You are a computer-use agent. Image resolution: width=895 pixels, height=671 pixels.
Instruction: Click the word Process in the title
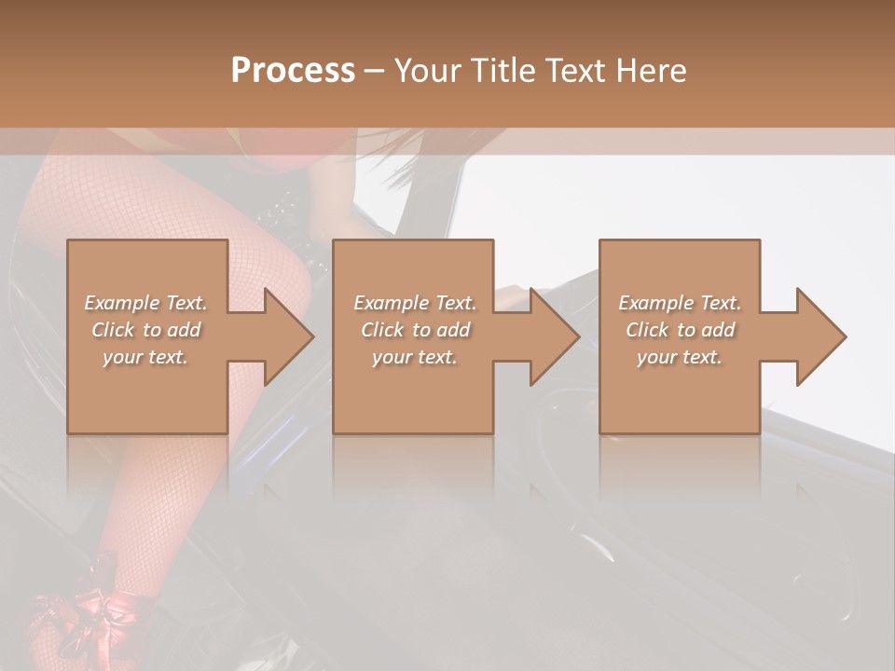point(293,71)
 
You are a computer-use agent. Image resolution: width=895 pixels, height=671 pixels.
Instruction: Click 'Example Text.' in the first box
point(145,303)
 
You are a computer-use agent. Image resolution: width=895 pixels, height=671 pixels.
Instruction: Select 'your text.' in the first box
point(145,357)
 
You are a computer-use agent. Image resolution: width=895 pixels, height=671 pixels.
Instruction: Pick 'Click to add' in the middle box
point(415,330)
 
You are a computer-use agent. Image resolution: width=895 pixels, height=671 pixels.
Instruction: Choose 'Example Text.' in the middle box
point(415,303)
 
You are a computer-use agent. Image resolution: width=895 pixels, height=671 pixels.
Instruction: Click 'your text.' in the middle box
point(415,357)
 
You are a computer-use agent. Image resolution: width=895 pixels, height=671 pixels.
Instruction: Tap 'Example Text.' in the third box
point(680,303)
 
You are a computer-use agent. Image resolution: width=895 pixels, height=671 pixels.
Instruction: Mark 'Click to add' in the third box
point(680,330)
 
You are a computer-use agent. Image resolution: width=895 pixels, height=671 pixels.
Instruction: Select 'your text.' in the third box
point(680,357)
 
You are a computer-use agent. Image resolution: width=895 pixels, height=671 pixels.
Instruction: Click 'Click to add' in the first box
point(145,330)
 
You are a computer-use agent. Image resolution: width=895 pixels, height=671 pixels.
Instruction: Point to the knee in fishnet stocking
point(280,270)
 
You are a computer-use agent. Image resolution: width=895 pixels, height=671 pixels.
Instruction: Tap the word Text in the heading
point(571,71)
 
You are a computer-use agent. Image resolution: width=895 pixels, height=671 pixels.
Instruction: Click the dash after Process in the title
point(375,71)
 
